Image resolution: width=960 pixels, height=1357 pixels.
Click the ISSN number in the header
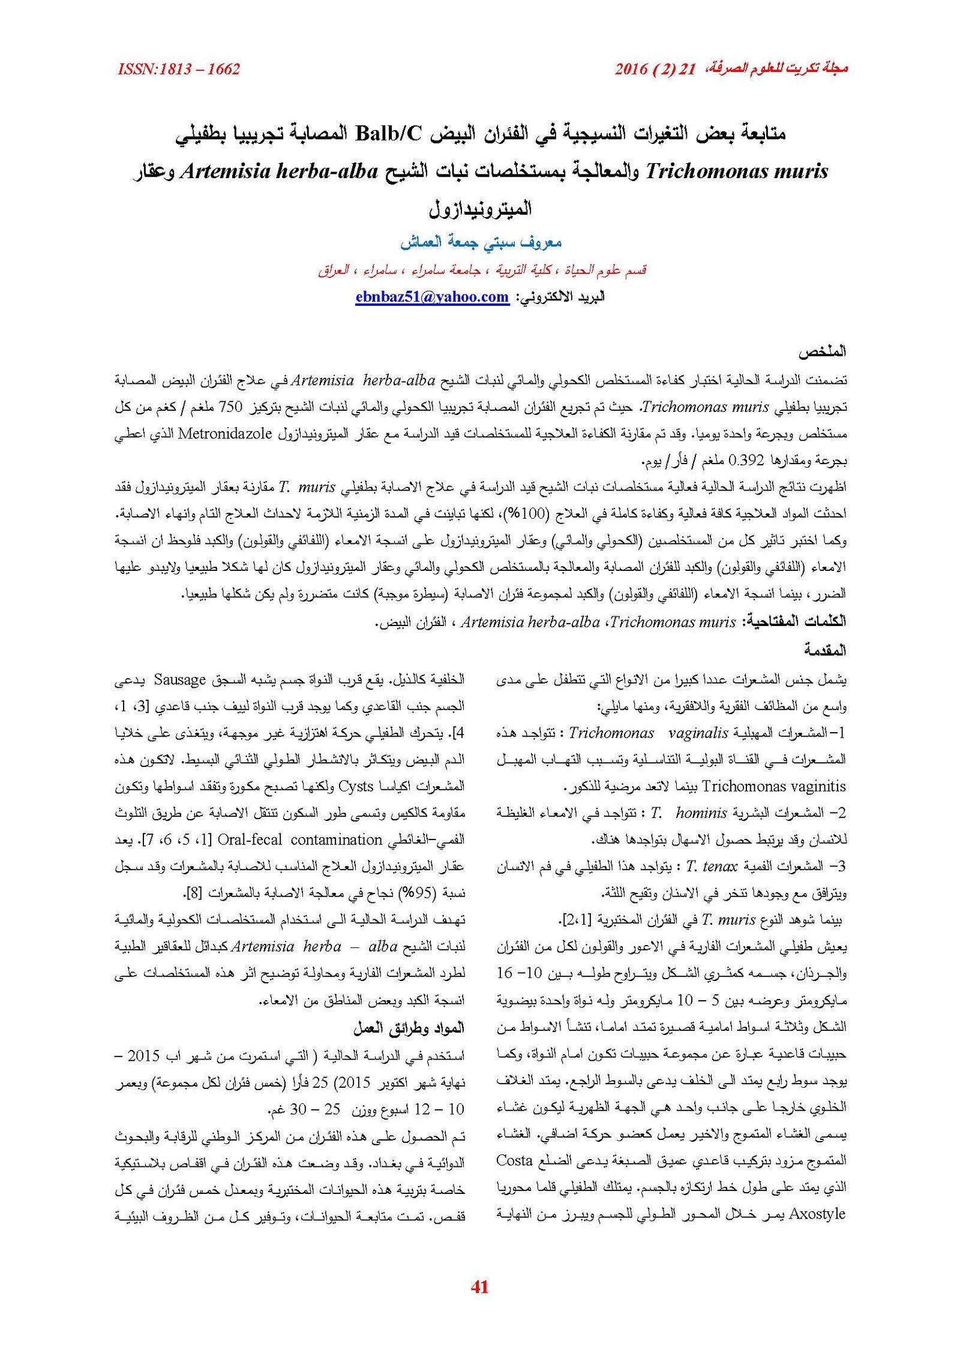179,70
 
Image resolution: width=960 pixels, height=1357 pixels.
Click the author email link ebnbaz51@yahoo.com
431,297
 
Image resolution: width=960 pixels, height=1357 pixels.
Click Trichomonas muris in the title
736,172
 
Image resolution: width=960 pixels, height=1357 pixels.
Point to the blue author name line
481,242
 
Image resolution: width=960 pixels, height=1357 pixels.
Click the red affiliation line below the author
482,270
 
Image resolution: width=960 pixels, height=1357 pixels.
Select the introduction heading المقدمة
825,650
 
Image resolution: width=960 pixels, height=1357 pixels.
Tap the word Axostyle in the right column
817,1214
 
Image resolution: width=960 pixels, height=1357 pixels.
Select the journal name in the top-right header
780,70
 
